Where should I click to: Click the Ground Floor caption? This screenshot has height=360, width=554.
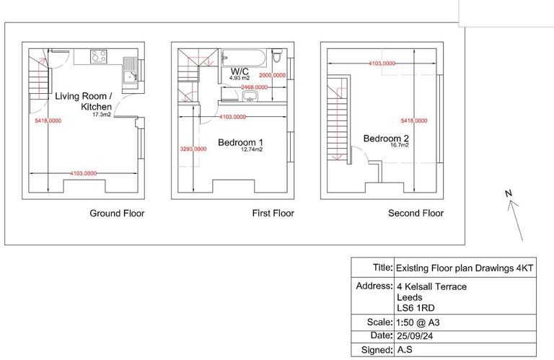click(117, 214)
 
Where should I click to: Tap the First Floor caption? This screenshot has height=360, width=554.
click(271, 214)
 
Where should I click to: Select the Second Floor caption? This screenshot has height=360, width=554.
click(415, 214)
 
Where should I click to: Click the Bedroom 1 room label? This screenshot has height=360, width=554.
click(241, 142)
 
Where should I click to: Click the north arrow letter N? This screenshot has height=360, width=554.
click(508, 193)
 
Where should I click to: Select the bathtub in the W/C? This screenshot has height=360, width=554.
click(242, 57)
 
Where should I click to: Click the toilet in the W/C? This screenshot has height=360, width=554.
click(278, 57)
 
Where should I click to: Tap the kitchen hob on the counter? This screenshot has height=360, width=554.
click(100, 56)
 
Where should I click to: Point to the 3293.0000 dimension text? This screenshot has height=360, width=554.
click(193, 149)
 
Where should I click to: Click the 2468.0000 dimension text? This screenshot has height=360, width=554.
click(253, 87)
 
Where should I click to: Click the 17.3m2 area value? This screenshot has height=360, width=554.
click(102, 114)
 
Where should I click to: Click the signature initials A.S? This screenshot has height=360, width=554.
click(405, 351)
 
